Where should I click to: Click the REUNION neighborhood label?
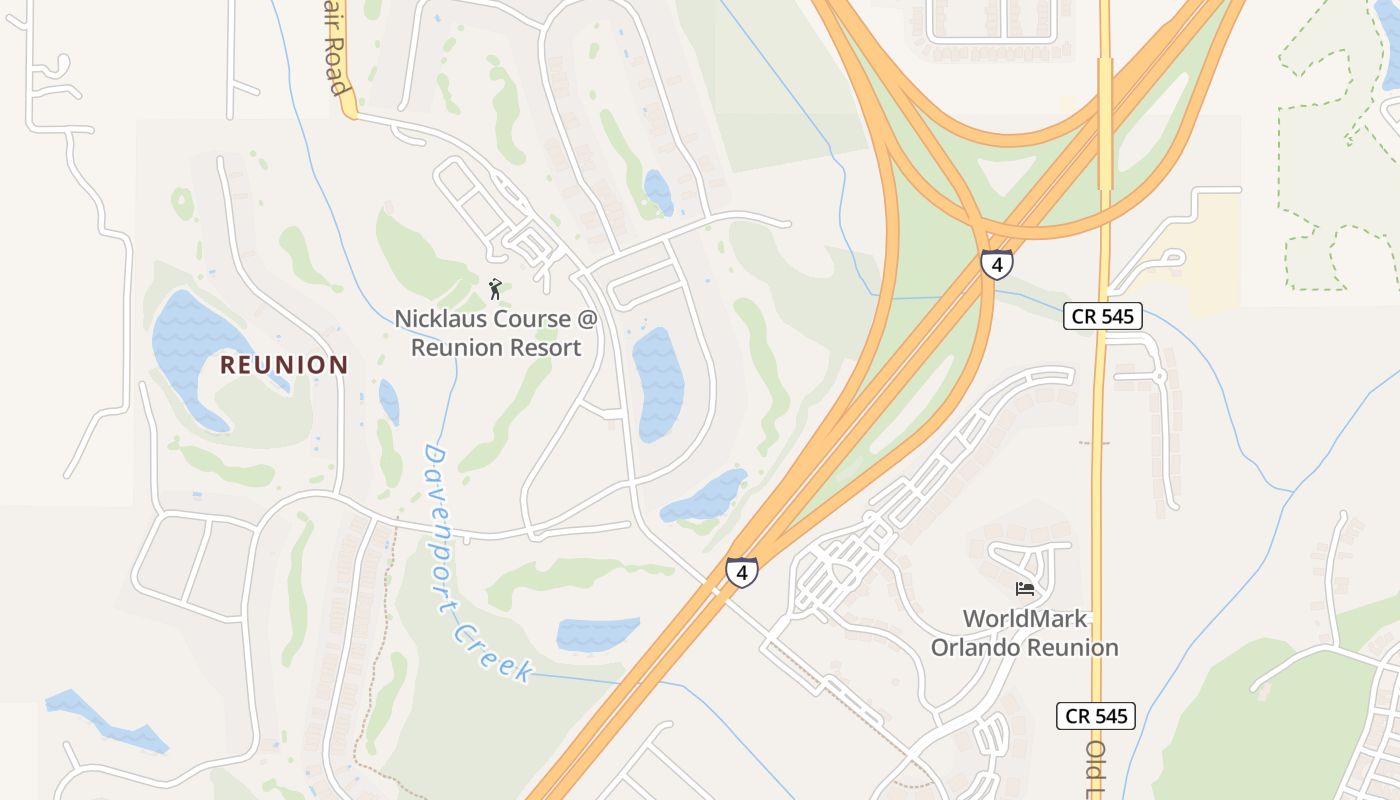pyautogui.click(x=284, y=365)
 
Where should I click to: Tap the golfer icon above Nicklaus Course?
pyautogui.click(x=495, y=290)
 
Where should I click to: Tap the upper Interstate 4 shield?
pyautogui.click(x=996, y=264)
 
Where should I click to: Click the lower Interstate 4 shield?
pyautogui.click(x=741, y=572)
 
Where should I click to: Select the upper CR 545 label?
pyautogui.click(x=1102, y=317)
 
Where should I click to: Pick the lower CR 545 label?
pyautogui.click(x=1096, y=716)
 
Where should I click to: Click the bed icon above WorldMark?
pyautogui.click(x=1025, y=588)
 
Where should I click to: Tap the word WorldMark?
pyautogui.click(x=1025, y=618)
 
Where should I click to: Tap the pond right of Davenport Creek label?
pyautogui.click(x=597, y=634)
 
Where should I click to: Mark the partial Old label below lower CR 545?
pyautogui.click(x=1095, y=765)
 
